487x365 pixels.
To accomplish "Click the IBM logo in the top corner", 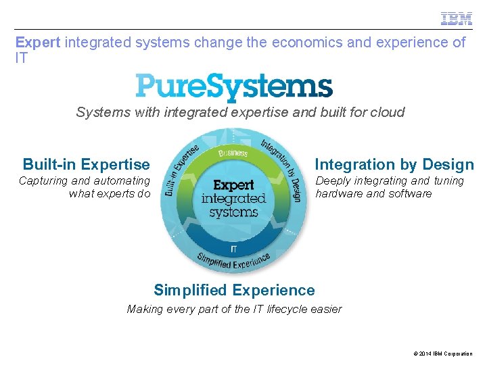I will pyautogui.click(x=457, y=18).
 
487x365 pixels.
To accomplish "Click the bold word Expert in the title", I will pyautogui.click(x=38, y=43).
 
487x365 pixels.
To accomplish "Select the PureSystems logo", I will pyautogui.click(x=234, y=88).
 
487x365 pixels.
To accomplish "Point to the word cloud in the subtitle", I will pyautogui.click(x=387, y=112).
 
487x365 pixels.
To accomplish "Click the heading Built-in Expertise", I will pyautogui.click(x=86, y=164).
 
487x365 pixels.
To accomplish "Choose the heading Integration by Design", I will pyautogui.click(x=394, y=164).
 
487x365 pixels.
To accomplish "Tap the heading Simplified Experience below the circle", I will pyautogui.click(x=234, y=291).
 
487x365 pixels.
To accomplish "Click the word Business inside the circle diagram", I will pyautogui.click(x=233, y=153).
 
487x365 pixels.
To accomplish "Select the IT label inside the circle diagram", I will pyautogui.click(x=233, y=249).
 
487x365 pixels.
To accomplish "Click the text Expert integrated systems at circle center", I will pyautogui.click(x=233, y=199).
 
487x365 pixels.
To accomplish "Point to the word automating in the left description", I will pyautogui.click(x=122, y=181).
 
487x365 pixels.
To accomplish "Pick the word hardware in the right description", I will pyautogui.click(x=339, y=194).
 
